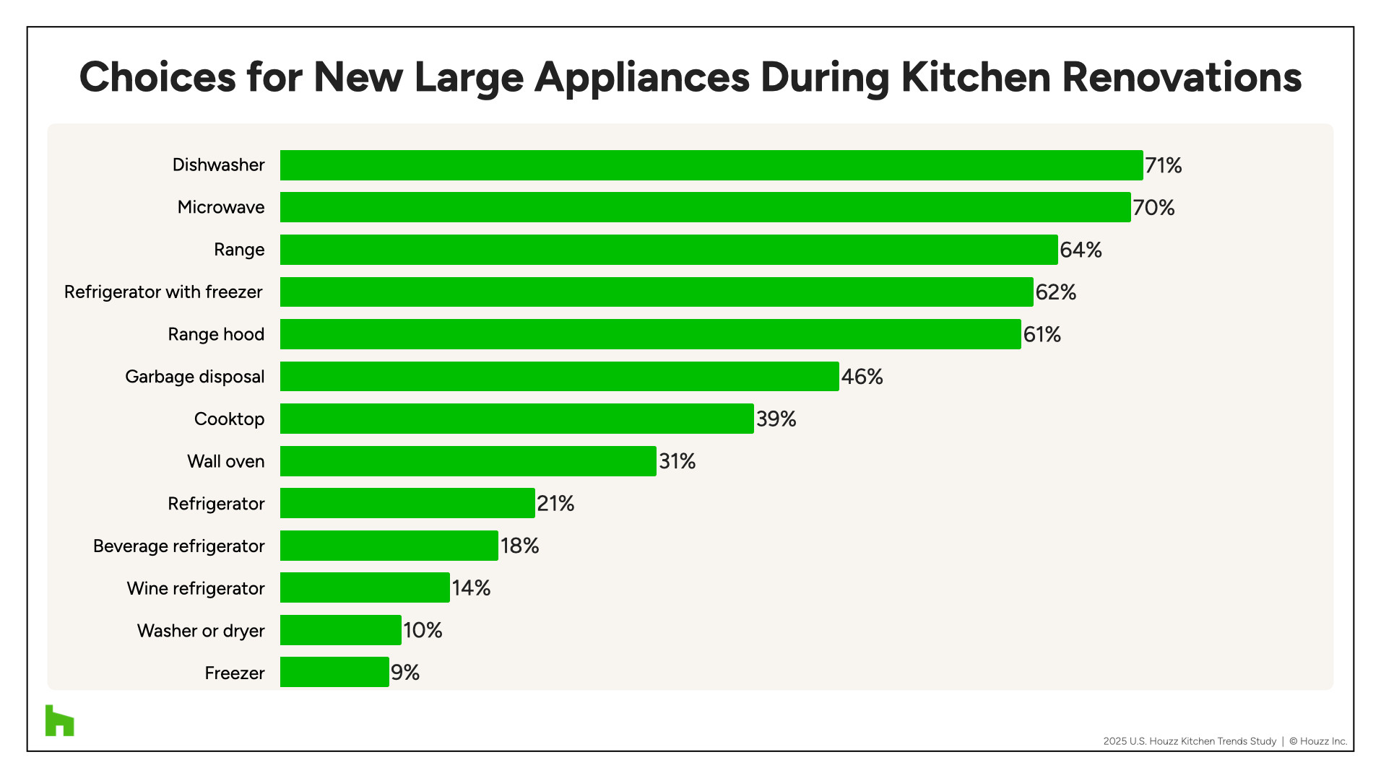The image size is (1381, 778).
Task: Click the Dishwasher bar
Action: point(711,165)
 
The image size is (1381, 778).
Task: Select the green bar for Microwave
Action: point(705,207)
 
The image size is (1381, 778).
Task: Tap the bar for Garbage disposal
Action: point(559,377)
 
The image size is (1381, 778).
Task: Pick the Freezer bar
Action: point(334,673)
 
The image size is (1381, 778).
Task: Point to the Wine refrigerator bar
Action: point(365,588)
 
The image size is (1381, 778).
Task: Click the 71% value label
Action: point(1163,166)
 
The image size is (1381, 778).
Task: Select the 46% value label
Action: point(862,377)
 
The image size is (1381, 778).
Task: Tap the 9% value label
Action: point(405,673)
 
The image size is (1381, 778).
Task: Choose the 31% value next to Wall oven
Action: point(677,461)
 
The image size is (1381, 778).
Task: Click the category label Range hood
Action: point(216,334)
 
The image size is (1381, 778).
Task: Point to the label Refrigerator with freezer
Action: point(163,292)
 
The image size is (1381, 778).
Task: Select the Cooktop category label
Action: point(229,419)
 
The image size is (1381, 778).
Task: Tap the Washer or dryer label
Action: point(201,631)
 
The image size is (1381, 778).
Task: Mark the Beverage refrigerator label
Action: point(178,546)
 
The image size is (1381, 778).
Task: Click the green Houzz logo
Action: point(59,720)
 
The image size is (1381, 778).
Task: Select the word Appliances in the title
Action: point(641,78)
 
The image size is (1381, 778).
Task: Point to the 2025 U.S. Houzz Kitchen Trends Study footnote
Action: point(1189,741)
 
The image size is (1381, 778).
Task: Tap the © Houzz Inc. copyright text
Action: point(1318,741)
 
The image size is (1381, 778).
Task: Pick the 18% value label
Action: point(519,546)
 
